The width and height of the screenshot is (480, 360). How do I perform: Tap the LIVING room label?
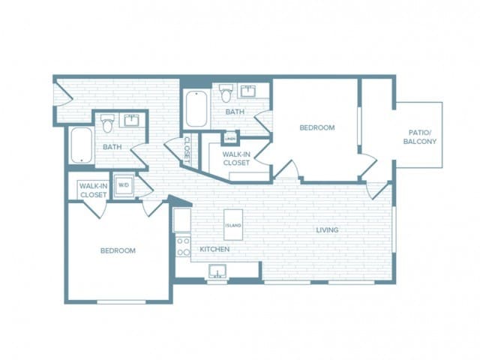326,229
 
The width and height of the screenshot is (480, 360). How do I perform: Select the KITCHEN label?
214,249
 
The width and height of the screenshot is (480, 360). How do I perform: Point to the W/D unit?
123,184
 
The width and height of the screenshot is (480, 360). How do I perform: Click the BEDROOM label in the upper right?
316,127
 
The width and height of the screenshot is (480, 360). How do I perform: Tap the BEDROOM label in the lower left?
118,250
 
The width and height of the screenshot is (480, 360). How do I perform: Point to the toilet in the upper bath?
226,93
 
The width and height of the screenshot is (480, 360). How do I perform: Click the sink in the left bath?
132,120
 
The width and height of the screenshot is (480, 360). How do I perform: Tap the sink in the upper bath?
248,92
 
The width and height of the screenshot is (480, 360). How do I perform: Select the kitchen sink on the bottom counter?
217,271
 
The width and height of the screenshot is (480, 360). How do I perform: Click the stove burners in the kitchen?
182,247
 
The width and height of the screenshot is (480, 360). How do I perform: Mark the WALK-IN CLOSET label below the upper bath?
235,157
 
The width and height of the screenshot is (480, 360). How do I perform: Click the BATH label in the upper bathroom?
235,112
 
